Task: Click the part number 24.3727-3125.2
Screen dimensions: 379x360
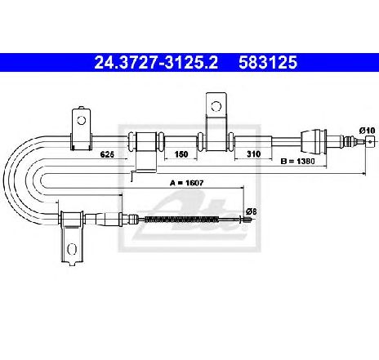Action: [x=156, y=62]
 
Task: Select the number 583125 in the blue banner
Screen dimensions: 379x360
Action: [x=268, y=62]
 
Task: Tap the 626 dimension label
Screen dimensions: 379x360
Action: [x=107, y=154]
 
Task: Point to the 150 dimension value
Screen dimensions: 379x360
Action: [x=181, y=154]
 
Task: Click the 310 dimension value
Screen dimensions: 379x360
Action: [x=253, y=154]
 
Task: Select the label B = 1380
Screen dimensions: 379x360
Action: [x=297, y=162]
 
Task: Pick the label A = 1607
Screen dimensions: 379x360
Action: [x=186, y=183]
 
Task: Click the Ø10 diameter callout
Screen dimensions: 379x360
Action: [x=367, y=131]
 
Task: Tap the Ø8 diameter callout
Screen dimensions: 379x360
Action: [x=252, y=211]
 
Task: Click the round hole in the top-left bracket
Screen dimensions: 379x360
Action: [x=81, y=120]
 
